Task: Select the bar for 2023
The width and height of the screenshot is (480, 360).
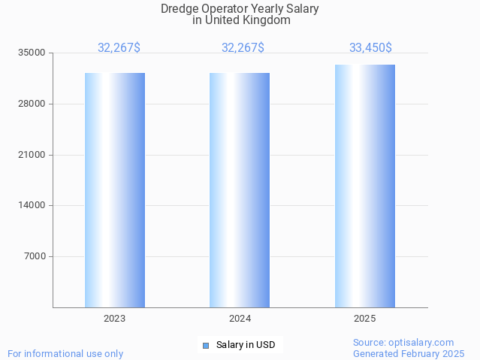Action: (x=115, y=190)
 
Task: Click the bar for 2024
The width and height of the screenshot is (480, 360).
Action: (x=240, y=190)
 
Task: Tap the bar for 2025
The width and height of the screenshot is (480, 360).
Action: (x=365, y=186)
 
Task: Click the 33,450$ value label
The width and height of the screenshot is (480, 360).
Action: (x=370, y=48)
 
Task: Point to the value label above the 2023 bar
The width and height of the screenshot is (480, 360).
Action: (x=119, y=48)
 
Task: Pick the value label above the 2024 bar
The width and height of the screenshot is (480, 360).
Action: (x=243, y=48)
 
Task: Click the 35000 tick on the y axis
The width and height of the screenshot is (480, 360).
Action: (x=32, y=53)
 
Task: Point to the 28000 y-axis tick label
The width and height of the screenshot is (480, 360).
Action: (x=32, y=104)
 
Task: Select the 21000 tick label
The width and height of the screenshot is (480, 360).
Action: (x=32, y=155)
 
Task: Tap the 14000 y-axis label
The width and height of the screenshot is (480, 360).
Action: (x=32, y=205)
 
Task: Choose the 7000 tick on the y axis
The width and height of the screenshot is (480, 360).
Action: (x=35, y=256)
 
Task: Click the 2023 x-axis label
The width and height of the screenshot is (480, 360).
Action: (x=115, y=319)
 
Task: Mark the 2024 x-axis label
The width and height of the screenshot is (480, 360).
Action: (x=240, y=319)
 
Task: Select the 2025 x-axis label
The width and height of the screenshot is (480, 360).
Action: (x=365, y=319)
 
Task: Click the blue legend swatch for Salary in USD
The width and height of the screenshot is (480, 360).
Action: (x=205, y=346)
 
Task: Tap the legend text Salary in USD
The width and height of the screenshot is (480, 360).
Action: (x=246, y=346)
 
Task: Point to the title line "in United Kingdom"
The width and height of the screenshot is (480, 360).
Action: (x=241, y=20)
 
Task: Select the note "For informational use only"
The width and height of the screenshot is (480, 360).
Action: (x=65, y=353)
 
